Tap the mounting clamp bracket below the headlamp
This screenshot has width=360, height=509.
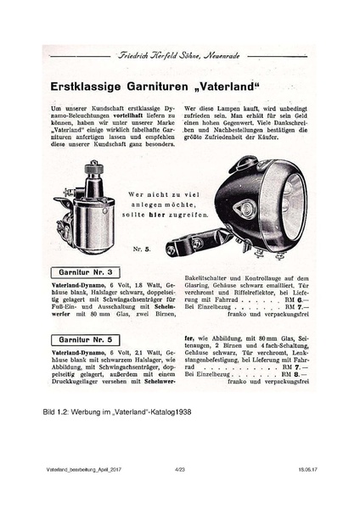(192, 248)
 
